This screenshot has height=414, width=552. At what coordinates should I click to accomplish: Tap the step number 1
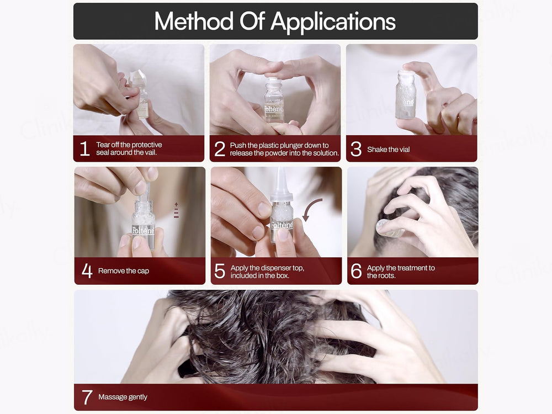pos(84,149)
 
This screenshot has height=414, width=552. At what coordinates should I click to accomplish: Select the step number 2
pos(220,149)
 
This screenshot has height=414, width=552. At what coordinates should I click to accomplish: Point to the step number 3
pos(356,149)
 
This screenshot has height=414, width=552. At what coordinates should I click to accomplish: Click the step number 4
pos(87,271)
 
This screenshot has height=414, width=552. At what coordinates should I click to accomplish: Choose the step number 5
pos(220,272)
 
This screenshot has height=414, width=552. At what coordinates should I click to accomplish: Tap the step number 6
pos(356,272)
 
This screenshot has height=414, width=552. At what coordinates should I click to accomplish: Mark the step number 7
pos(87,397)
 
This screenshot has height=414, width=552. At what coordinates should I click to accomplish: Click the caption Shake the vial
pos(389,150)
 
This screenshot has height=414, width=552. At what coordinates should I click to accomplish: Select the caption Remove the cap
pos(124,271)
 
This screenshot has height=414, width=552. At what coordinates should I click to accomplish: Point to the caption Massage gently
pos(123,397)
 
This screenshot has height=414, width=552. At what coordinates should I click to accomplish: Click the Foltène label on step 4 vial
pos(143,231)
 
